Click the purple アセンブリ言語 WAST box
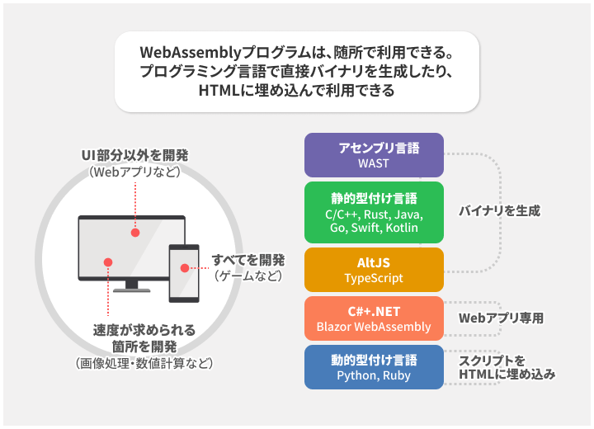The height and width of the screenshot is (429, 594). [374, 155]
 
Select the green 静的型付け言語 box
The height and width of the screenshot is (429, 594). [374, 213]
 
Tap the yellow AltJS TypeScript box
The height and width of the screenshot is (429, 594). [374, 270]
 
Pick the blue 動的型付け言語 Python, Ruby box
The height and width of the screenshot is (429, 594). [374, 368]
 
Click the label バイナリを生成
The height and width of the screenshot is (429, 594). [499, 211]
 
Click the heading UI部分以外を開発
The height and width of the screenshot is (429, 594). [134, 156]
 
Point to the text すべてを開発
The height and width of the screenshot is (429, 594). [247, 260]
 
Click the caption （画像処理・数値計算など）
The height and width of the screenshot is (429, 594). [144, 363]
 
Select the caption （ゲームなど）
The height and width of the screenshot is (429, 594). [247, 276]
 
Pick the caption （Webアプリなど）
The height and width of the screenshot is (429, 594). [134, 172]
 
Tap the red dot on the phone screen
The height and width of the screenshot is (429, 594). [183, 267]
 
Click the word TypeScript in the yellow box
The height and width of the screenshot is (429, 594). [374, 278]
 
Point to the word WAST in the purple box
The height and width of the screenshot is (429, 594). [374, 163]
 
